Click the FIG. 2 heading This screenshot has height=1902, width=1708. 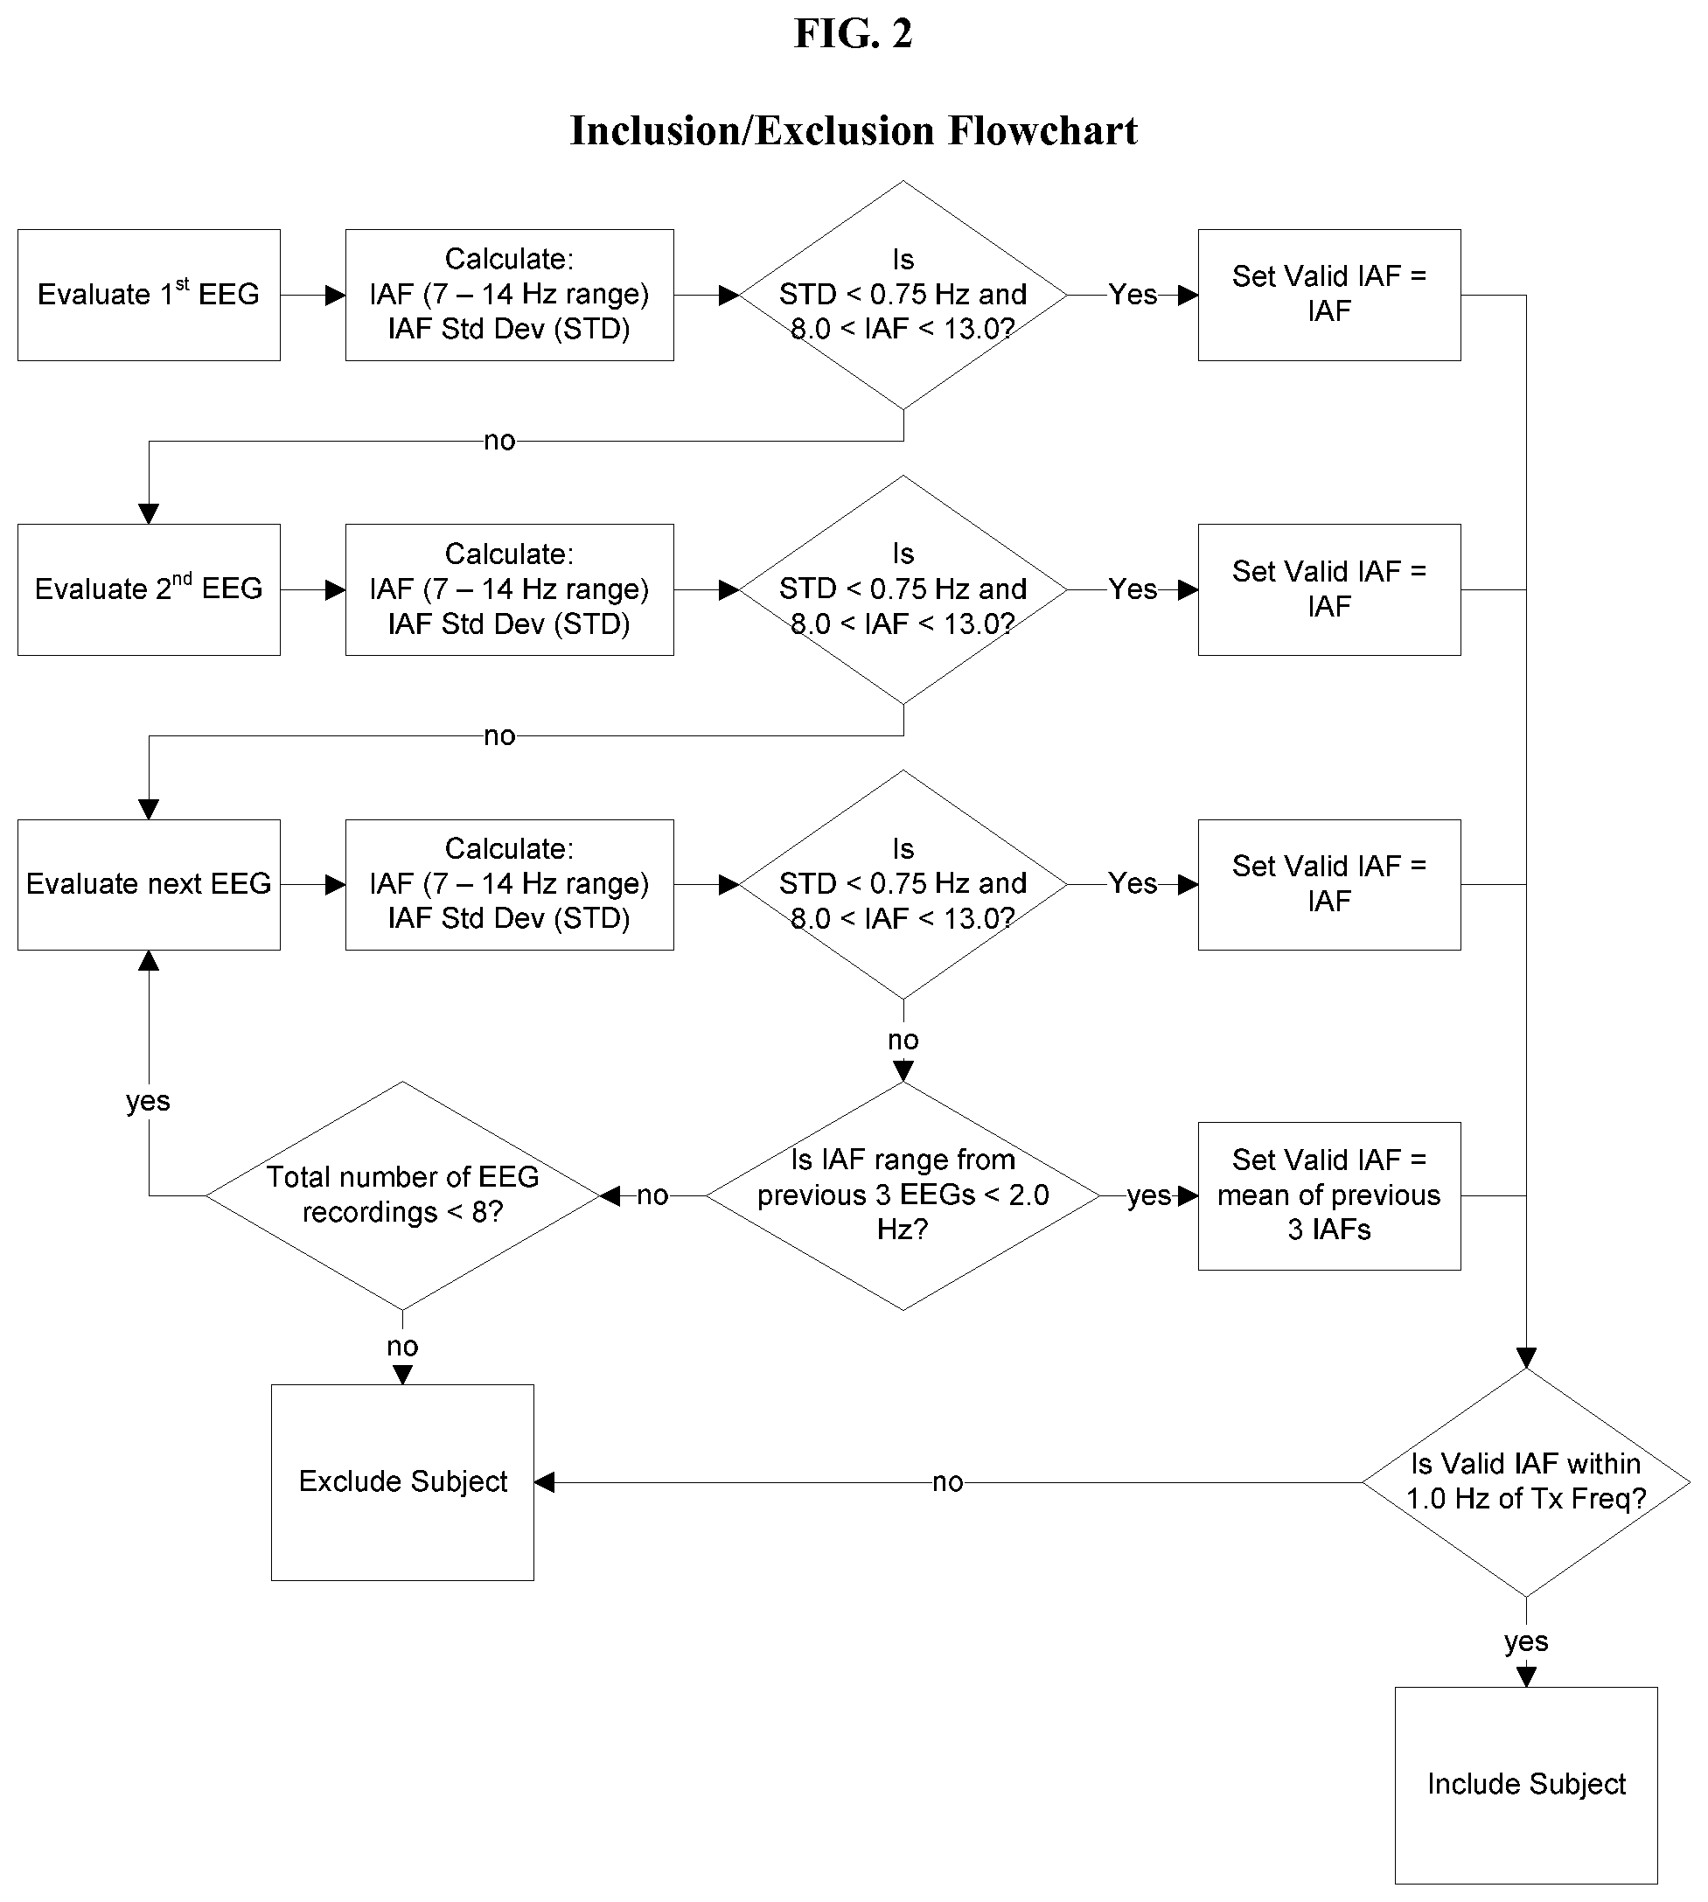coord(853,34)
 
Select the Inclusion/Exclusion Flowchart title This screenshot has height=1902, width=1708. coord(853,130)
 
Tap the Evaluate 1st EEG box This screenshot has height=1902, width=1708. coord(150,295)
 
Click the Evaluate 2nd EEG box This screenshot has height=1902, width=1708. coord(150,589)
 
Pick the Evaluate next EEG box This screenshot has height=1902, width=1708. coord(150,884)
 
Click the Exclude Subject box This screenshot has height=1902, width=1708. coord(402,1481)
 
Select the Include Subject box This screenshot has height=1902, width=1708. coord(1526,1784)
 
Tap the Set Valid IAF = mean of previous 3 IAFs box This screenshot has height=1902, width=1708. coord(1328,1195)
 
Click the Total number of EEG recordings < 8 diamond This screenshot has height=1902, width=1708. coord(402,1195)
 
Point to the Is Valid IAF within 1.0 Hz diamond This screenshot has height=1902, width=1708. coord(1526,1481)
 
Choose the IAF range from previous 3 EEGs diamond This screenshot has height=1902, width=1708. coord(903,1195)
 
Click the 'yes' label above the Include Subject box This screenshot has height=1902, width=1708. coord(1526,1641)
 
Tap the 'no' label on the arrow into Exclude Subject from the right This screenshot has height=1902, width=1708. coord(948,1481)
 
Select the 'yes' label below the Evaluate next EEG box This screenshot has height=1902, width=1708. coord(149,1101)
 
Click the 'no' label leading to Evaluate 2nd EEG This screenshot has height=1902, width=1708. coord(499,441)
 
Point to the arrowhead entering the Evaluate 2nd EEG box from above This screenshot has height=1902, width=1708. coord(150,513)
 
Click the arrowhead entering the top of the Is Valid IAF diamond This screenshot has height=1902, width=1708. coord(1526,1358)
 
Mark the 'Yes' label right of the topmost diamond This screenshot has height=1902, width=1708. coord(1133,295)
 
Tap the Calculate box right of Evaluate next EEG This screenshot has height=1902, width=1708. coord(510,884)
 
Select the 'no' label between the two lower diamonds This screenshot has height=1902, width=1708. coord(652,1195)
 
